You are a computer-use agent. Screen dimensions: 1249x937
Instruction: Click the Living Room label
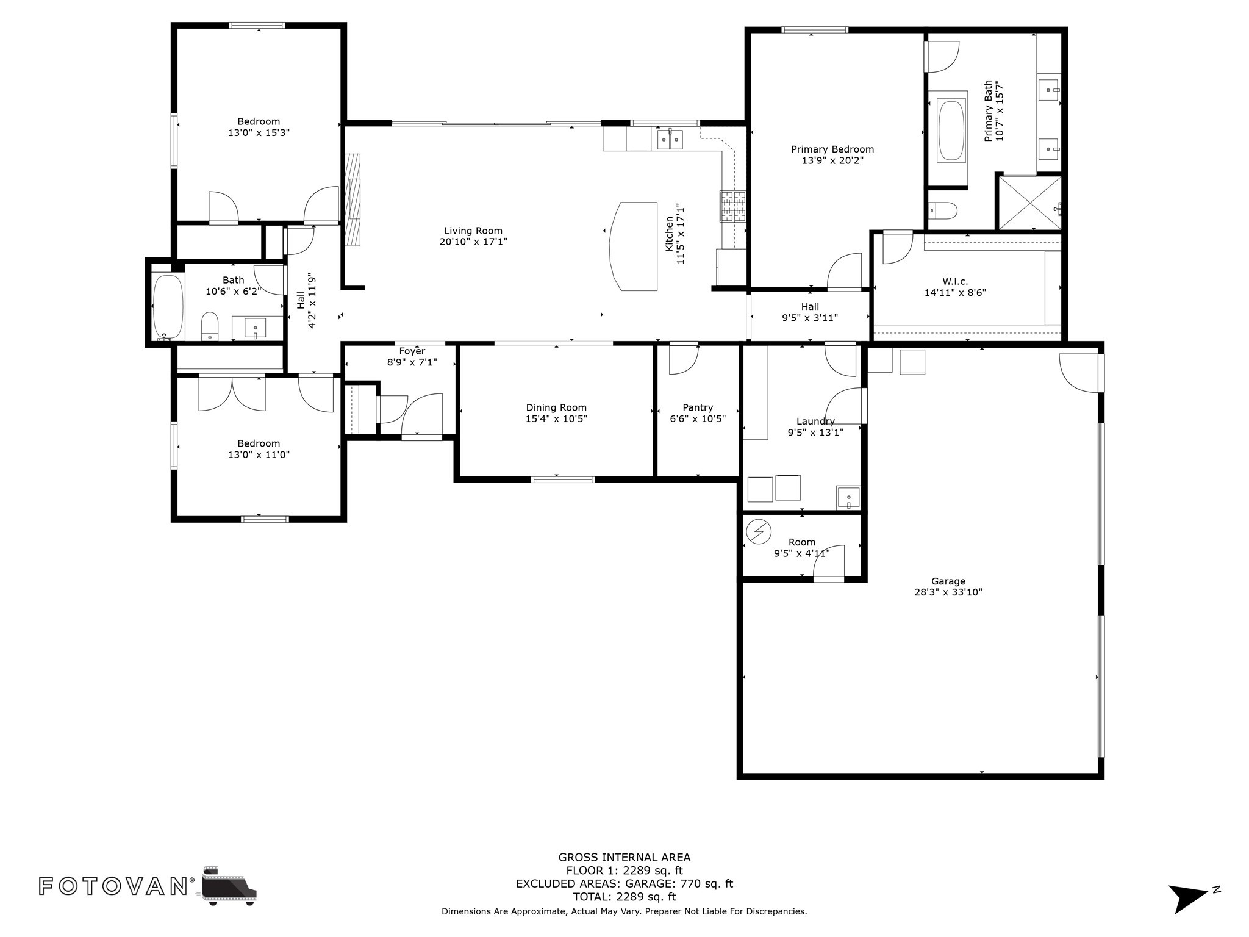pos(473,231)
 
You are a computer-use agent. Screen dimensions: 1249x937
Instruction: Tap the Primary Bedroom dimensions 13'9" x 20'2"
pos(832,160)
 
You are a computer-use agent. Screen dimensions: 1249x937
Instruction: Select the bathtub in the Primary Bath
pos(951,131)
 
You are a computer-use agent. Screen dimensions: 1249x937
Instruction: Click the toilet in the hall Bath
pos(210,326)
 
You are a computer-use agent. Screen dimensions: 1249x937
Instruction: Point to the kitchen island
pos(634,246)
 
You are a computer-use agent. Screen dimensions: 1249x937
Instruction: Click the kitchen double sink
pos(670,139)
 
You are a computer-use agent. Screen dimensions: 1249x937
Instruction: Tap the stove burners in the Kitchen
pos(733,206)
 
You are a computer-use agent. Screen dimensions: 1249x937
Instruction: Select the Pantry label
pos(698,407)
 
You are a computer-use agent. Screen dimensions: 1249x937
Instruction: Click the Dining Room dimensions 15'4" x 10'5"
pos(556,419)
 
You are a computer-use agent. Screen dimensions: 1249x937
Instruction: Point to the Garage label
pos(948,581)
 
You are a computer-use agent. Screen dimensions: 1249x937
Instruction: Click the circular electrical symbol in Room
pos(759,531)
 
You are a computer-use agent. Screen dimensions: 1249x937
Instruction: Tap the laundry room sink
pos(848,497)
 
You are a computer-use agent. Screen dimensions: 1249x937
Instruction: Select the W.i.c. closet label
pos(955,281)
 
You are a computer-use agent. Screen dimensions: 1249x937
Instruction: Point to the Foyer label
pos(412,351)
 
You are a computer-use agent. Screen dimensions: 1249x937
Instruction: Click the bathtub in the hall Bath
pos(168,307)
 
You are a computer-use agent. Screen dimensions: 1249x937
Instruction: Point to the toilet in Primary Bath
pos(942,210)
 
